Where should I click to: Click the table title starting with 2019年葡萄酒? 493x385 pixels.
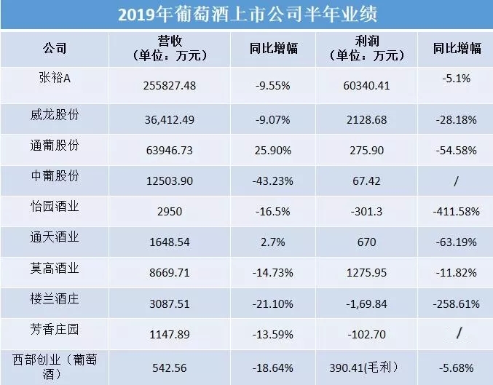click(x=245, y=15)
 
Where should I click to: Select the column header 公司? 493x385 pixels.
click(x=55, y=49)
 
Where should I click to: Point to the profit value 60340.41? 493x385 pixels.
click(x=366, y=86)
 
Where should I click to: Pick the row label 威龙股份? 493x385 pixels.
click(x=58, y=111)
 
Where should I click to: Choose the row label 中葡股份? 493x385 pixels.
click(x=58, y=175)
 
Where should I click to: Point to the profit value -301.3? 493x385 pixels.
click(x=366, y=211)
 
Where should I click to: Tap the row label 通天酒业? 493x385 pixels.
click(x=58, y=237)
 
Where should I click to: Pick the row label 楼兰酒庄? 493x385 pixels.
click(x=58, y=298)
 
